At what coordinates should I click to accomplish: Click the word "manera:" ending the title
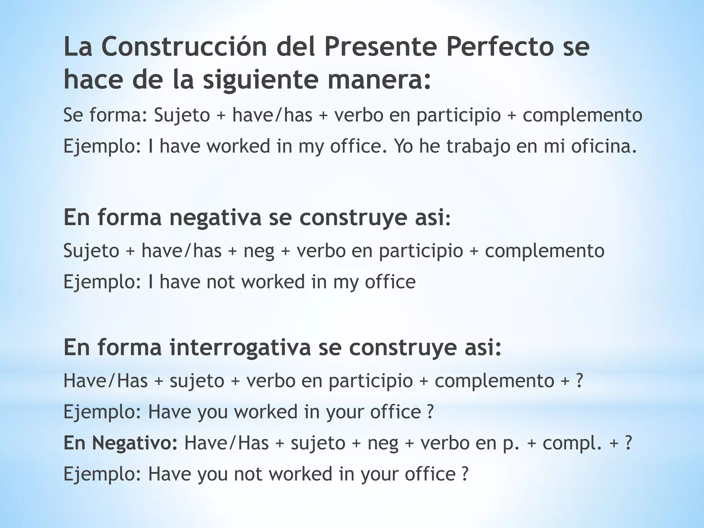pos(379,80)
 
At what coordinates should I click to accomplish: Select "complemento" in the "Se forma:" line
pos(582,115)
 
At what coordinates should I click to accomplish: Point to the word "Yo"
pos(404,146)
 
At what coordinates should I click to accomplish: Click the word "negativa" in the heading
pos(216,218)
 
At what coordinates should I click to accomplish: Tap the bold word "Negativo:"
pos(121,443)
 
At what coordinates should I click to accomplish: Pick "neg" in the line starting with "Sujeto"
pos(259,251)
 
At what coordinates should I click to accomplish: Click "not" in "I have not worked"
pos(221,282)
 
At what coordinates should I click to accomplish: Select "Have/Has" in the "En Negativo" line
pos(227,443)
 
